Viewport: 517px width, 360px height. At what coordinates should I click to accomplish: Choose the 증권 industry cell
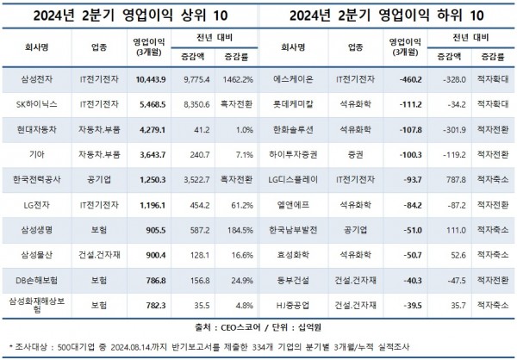pyautogui.click(x=351, y=166)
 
